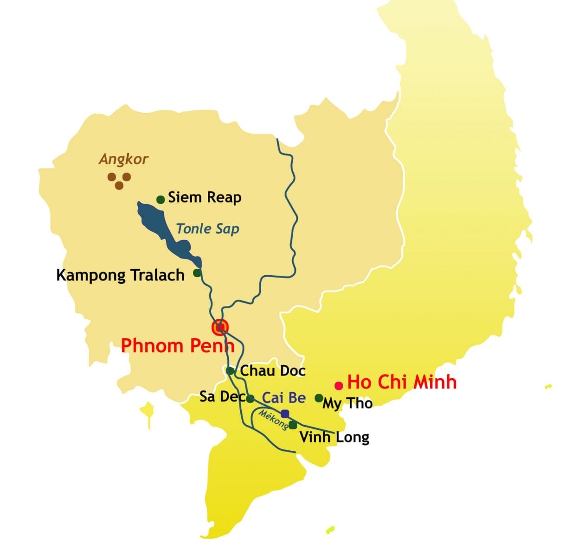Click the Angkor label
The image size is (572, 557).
(123, 159)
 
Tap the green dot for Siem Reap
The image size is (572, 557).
(161, 200)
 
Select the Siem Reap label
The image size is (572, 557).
(205, 198)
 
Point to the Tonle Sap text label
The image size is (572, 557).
(208, 228)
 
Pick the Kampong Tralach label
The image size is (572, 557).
(120, 275)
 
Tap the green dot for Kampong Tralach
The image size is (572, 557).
(197, 272)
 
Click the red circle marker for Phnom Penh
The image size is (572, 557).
(220, 328)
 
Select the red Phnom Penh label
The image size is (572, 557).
(177, 346)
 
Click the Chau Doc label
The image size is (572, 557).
(273, 370)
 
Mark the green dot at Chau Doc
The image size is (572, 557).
(230, 370)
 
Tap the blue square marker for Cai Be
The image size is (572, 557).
(285, 414)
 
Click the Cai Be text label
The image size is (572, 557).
(284, 398)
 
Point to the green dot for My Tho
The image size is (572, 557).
(319, 398)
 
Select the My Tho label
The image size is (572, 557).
(347, 403)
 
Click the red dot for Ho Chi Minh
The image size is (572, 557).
(339, 385)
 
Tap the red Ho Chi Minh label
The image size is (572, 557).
(402, 382)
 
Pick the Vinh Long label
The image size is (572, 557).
(334, 437)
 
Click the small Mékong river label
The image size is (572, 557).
(273, 420)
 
